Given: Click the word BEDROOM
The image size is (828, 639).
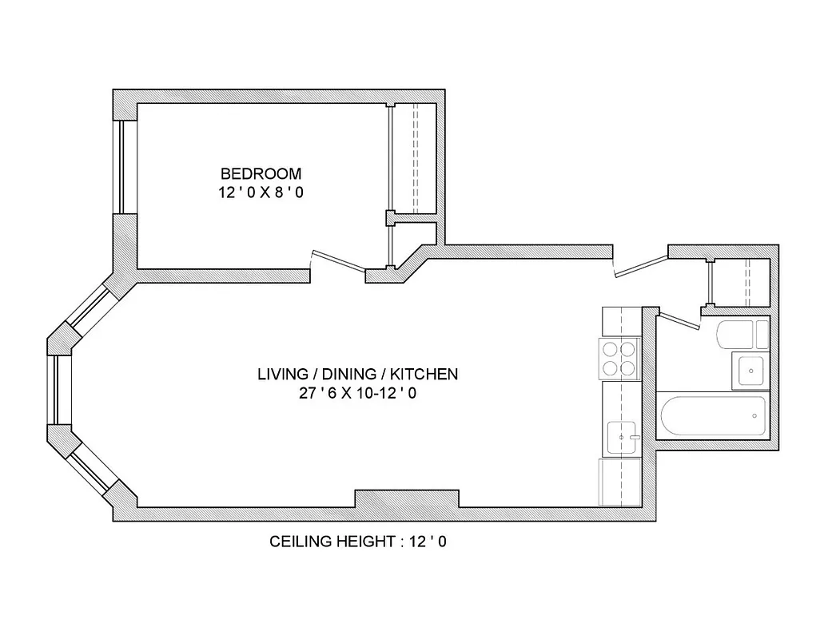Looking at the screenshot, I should coord(261,173).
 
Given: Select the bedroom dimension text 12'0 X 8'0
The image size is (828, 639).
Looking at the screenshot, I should coord(261,192).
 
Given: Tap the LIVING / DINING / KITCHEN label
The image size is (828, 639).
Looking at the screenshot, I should coord(357,374).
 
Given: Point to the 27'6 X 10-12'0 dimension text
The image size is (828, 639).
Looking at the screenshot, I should coord(357,393).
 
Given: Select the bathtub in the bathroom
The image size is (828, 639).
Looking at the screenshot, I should coord(711,415).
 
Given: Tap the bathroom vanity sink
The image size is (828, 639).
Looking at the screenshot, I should coord(750,370).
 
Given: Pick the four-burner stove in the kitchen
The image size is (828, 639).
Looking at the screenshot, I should coord(620,359).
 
